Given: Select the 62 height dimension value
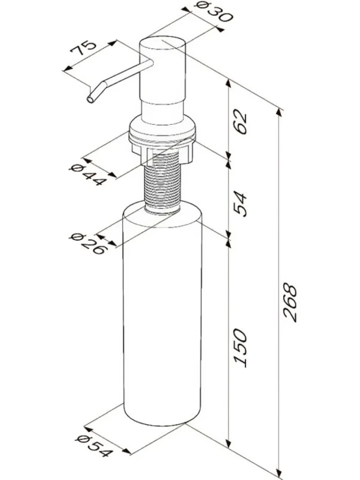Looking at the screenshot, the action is coord(240,123).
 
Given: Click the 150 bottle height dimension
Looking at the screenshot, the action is coord(240,348).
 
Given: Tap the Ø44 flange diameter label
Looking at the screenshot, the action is coord(88,175).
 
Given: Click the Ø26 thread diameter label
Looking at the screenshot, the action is coord(88,244).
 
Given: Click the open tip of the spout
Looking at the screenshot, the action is coord(90,99).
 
